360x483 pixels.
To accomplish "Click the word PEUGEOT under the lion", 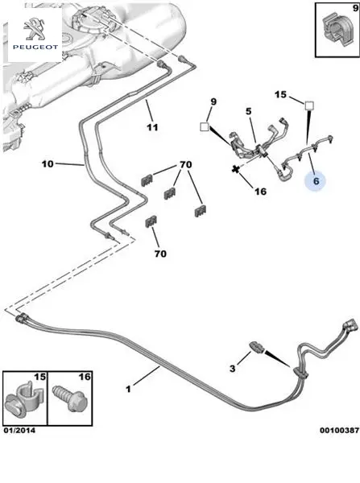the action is pos(35,47).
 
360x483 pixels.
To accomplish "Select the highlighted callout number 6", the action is pos(316,181).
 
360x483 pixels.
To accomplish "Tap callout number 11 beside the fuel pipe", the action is pos(152,127).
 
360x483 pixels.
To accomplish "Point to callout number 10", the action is pos(48,164).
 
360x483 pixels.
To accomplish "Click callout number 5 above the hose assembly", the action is pos(249,112).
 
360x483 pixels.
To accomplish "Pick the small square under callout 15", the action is pos(309,105).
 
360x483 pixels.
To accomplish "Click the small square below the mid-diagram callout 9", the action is pos(205,126).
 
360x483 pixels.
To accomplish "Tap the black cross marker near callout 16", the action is pos(236,169).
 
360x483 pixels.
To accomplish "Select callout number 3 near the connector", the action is pos(233,368).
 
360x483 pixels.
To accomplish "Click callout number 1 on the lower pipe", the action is pos(129,389).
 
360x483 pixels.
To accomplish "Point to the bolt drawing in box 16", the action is pos(68,398).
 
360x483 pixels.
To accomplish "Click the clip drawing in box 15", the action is pos(25,399).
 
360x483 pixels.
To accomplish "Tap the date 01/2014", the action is pos(19,431).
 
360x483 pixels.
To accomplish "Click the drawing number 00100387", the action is pos(339,430).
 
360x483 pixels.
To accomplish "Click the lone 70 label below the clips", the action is pos(160,254).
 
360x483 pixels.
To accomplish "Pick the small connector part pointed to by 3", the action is pos(257,348).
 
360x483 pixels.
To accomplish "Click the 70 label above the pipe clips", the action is pos(186,164).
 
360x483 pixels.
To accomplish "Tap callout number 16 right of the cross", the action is pos(260,192).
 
